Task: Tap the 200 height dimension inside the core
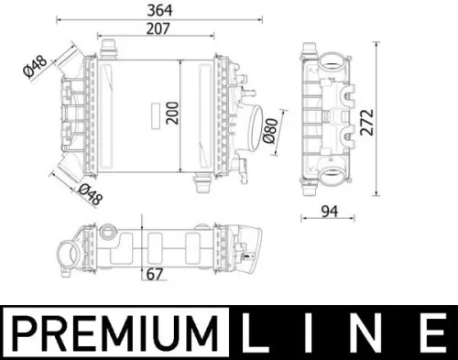170,114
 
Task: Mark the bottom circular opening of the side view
328,178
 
